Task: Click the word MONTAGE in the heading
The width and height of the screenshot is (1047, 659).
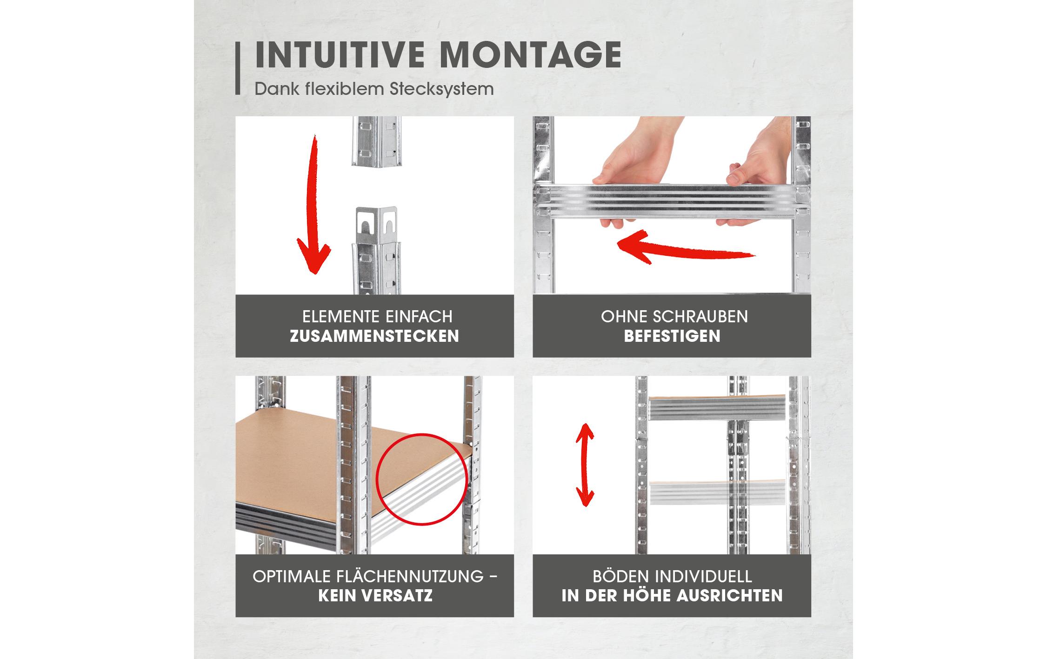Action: click(531, 55)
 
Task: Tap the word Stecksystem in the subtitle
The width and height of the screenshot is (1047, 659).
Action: click(442, 89)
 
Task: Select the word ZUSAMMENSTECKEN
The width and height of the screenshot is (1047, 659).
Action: click(374, 336)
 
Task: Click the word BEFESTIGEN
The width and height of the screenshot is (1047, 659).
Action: click(672, 336)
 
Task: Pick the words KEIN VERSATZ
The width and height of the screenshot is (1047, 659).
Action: click(375, 595)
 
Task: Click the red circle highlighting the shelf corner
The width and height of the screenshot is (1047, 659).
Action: click(421, 479)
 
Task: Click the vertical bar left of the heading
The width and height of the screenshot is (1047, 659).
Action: click(238, 69)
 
